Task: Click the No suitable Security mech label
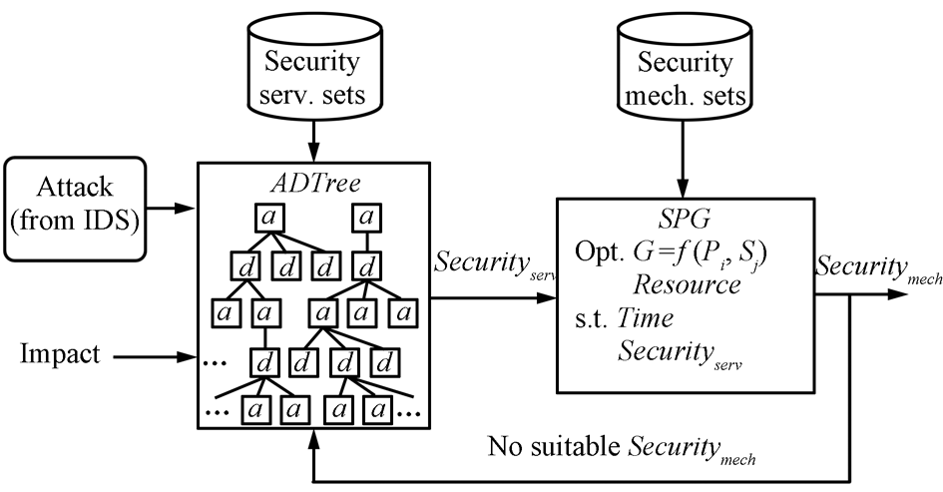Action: point(621,445)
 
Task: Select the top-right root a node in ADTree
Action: point(369,216)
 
